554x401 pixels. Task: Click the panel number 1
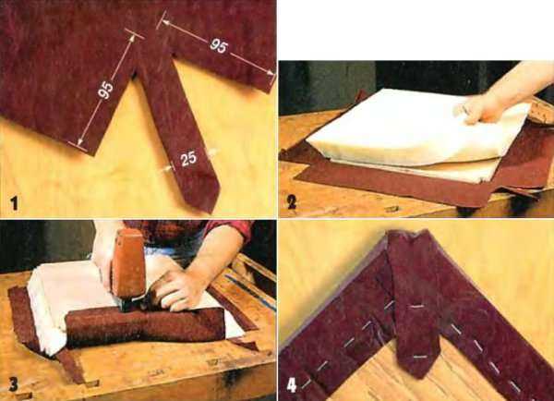coord(14,203)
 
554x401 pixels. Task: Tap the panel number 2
coord(292,202)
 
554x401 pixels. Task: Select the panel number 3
coord(14,384)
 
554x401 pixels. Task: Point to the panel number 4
coord(292,385)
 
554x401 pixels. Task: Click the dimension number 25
coord(188,158)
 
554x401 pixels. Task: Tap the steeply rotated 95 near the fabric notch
coord(105,90)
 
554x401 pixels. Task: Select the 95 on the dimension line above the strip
coord(219,46)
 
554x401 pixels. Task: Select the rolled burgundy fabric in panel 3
coord(145,326)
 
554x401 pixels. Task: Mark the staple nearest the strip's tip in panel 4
coord(419,358)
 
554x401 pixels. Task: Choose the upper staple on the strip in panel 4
coord(416,306)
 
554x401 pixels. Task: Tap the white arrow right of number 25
coord(213,152)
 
